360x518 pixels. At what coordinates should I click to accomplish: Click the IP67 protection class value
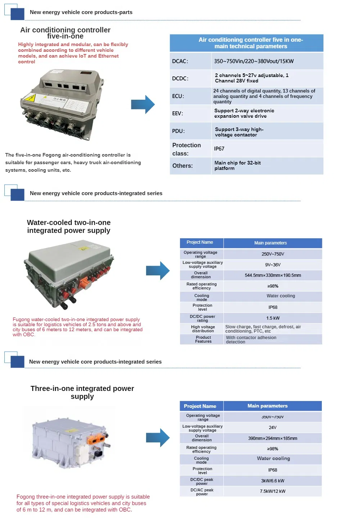219,149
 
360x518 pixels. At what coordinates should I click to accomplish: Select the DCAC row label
180,61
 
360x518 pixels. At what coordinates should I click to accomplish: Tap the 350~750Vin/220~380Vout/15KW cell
254,61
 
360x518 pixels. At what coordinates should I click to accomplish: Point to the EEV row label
177,113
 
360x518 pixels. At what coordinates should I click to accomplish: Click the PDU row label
178,131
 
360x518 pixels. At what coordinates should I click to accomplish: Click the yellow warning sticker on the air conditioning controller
29,97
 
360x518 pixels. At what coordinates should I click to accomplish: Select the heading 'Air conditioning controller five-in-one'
65,33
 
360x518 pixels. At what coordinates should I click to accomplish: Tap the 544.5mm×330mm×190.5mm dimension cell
273,275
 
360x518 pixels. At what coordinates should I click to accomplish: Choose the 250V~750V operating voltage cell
273,254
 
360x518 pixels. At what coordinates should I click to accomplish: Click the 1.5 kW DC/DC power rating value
273,318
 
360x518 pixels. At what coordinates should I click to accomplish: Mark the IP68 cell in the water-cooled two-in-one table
273,307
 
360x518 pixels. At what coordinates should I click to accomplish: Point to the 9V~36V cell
273,265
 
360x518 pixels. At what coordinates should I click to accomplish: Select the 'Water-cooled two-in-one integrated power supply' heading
69,226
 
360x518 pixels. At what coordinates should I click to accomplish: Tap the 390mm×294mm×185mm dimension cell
273,438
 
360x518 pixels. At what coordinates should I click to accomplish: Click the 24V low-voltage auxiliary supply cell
273,428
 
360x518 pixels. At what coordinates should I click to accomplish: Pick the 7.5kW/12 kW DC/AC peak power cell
273,491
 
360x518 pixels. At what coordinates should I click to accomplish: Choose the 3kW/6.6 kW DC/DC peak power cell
273,481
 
